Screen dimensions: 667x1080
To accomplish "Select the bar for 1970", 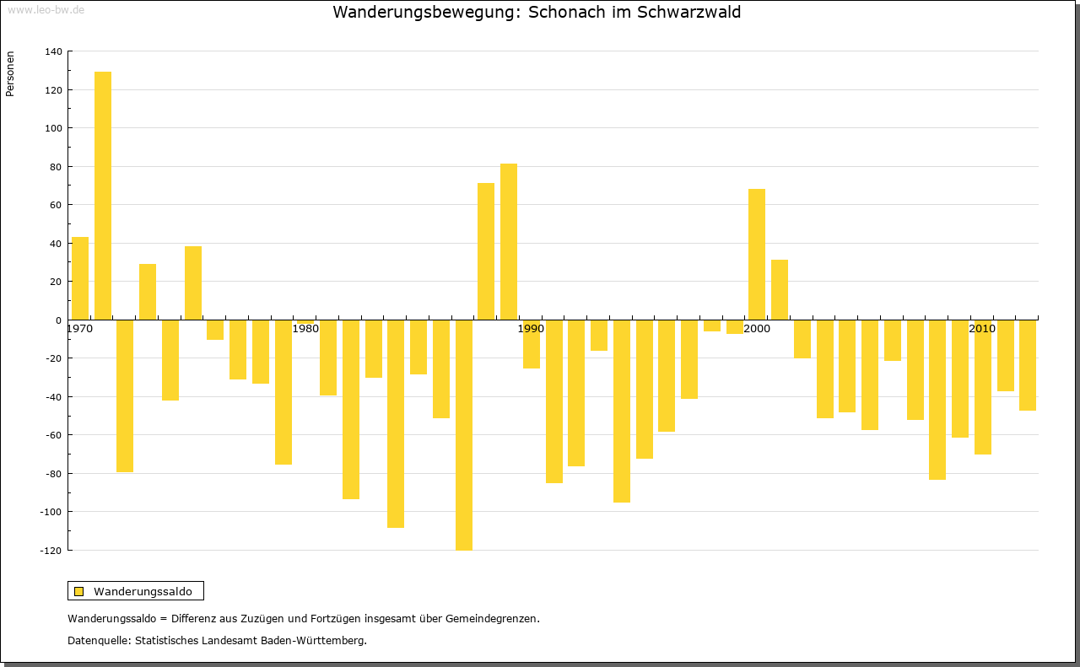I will click(x=80, y=278).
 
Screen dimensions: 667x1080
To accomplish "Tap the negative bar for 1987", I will click(x=464, y=434).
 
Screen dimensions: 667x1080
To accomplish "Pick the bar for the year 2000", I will click(x=757, y=254).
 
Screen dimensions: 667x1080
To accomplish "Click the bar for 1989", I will click(x=532, y=344).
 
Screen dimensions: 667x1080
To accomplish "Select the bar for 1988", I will click(x=509, y=241).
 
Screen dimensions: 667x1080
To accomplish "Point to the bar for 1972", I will click(x=125, y=395).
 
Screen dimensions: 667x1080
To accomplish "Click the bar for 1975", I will click(x=193, y=282).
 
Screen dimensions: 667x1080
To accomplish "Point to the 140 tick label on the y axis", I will click(x=53, y=51).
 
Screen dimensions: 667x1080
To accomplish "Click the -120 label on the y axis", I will click(x=51, y=551).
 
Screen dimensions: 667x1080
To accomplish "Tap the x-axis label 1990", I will click(x=531, y=329).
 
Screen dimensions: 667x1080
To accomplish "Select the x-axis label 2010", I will click(x=982, y=329).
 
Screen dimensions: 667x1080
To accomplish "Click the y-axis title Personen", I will click(x=10, y=74).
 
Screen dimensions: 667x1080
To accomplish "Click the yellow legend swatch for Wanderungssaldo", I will click(x=78, y=591).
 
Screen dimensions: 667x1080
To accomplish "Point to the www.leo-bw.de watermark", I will click(x=46, y=9).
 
